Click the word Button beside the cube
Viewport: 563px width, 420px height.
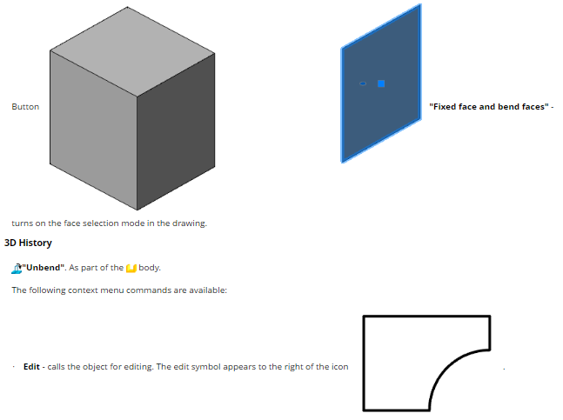[x=25, y=107]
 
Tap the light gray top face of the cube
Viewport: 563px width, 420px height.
[x=132, y=51]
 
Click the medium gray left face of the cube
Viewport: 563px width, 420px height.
[x=93, y=130]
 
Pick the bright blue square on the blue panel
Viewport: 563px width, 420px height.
[x=381, y=83]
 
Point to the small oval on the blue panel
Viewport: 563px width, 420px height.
[x=363, y=84]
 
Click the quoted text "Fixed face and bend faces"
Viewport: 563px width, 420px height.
[x=489, y=107]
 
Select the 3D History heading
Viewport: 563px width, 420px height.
[x=28, y=243]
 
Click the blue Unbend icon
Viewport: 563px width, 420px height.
[x=17, y=269]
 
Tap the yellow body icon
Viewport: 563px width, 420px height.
[x=131, y=268]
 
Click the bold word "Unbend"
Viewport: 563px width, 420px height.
[x=44, y=268]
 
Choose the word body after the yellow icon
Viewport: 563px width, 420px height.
[x=150, y=268]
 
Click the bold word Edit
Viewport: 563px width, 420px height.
[x=31, y=367]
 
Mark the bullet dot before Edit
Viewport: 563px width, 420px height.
[x=14, y=367]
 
